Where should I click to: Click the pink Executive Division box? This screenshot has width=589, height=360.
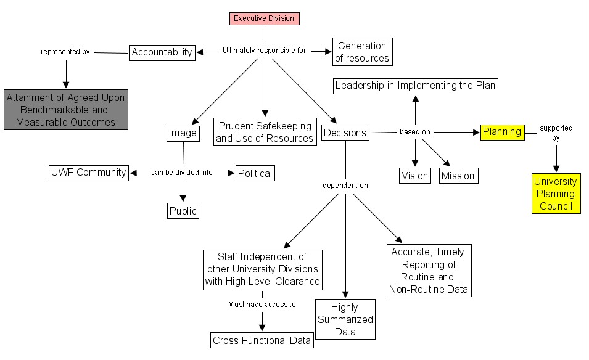[x=265, y=18]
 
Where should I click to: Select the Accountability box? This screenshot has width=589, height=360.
[x=162, y=52]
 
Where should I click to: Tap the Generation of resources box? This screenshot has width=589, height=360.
[x=363, y=52]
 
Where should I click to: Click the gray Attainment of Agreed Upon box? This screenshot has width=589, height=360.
[x=66, y=110]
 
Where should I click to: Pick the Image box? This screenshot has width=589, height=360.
[x=183, y=133]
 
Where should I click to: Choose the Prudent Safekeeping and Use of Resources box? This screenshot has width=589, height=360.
[x=265, y=132]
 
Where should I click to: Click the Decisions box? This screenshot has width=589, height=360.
[x=345, y=133]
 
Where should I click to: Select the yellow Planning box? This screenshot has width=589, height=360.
[x=501, y=131]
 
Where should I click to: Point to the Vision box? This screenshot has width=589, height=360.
[x=414, y=176]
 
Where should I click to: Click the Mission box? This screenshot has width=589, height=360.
[x=458, y=176]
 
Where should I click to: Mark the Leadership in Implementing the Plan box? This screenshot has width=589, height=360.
[x=415, y=86]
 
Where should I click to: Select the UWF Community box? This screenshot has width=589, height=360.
[x=88, y=173]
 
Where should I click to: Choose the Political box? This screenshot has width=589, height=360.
[x=255, y=173]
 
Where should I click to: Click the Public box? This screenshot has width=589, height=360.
[x=183, y=211]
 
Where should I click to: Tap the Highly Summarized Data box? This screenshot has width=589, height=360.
[x=344, y=319]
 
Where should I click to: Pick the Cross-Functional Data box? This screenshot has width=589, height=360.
[x=262, y=340]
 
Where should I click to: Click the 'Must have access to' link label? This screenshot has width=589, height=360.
[x=262, y=304]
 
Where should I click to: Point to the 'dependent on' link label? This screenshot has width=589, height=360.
[x=345, y=185]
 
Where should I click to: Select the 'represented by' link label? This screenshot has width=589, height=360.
[x=65, y=52]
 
